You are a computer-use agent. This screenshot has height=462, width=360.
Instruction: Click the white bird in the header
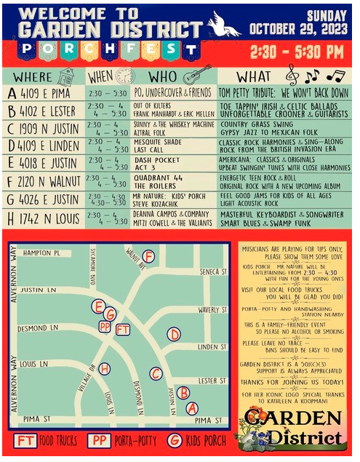pos(224,25)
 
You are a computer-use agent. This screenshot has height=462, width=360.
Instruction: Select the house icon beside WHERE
pos(65,76)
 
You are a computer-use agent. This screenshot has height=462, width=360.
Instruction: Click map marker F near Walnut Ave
pos(148,256)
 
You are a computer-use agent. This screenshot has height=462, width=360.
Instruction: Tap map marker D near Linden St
pos(173,334)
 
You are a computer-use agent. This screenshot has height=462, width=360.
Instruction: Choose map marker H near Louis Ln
pos(105,369)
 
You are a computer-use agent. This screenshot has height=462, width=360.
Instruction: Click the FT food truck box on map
pos(124,329)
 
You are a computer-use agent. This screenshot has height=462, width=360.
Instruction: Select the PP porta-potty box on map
pos(105,327)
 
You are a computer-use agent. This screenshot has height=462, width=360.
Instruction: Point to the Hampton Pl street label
pos(41,253)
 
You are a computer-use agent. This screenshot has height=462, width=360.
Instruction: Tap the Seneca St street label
pos(213,271)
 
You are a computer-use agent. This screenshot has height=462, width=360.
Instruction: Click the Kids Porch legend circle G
pos(175,441)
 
